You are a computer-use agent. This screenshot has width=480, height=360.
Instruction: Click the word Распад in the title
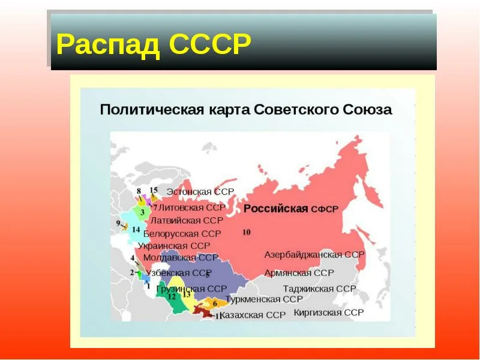click(x=108, y=44)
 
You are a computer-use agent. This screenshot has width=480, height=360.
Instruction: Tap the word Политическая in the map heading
click(x=152, y=110)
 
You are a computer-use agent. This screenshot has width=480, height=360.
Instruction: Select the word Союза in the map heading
click(x=367, y=109)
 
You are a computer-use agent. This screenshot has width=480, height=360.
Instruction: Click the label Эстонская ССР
click(x=200, y=191)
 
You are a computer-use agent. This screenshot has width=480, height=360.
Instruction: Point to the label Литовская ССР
click(x=192, y=207)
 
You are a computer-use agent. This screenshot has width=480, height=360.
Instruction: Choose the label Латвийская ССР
click(x=187, y=220)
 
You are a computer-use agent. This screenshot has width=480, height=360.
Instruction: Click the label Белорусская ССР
click(x=182, y=233)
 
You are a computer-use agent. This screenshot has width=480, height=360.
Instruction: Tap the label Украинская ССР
click(x=174, y=246)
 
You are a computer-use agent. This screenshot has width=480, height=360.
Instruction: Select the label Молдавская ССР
click(x=181, y=257)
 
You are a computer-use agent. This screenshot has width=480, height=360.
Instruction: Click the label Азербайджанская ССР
click(x=314, y=254)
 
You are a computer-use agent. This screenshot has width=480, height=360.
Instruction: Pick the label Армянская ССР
click(x=299, y=273)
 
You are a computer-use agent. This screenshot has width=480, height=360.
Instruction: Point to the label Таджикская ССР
click(x=320, y=289)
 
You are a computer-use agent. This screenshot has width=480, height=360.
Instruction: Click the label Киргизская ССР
click(x=329, y=313)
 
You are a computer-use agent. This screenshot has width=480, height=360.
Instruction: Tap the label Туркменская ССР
click(x=264, y=299)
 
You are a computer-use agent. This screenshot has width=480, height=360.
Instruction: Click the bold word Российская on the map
click(x=275, y=209)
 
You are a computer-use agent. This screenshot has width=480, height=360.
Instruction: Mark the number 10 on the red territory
click(x=247, y=232)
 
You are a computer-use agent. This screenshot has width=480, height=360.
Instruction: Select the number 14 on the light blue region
click(x=136, y=229)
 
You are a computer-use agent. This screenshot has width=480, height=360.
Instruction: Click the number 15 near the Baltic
click(x=154, y=190)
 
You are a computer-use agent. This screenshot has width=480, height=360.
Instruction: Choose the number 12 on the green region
click(x=172, y=296)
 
